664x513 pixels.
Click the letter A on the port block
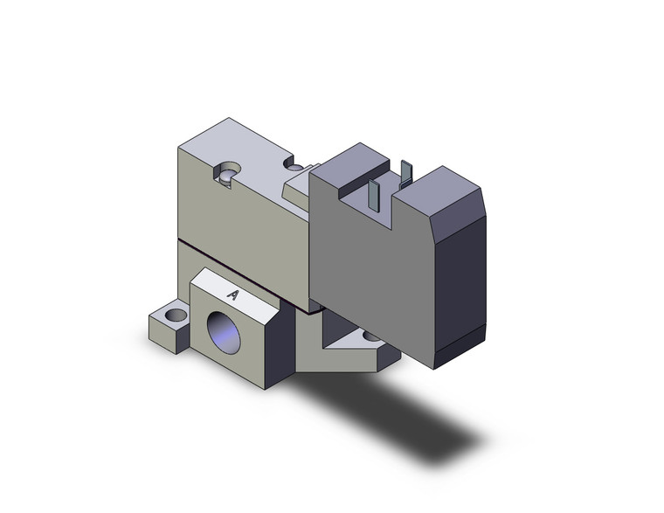click(x=233, y=295)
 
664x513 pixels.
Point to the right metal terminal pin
click(x=405, y=173)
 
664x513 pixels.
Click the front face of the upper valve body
click(x=240, y=227)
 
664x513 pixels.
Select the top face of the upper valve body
click(x=245, y=149)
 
